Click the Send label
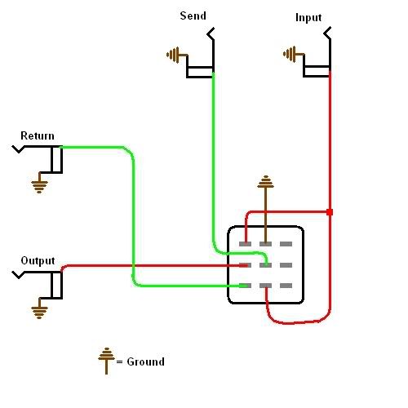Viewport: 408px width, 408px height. coord(193,16)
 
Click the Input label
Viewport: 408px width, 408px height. coord(308,18)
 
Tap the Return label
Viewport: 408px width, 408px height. coord(38,135)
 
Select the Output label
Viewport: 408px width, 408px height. coord(38,260)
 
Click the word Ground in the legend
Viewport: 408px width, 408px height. coord(145,361)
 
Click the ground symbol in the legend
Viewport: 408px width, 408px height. coord(106,361)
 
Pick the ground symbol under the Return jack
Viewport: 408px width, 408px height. coord(40,183)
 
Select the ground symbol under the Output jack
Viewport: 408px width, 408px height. coord(40,308)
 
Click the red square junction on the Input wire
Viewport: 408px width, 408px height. coord(330,212)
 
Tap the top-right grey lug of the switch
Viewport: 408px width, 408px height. coord(286,244)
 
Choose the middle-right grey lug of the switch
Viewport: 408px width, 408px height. coord(286,265)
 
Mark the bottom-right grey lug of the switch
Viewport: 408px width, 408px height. coord(286,286)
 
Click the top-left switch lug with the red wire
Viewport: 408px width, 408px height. coord(245,244)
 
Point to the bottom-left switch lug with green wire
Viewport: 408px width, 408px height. coord(245,286)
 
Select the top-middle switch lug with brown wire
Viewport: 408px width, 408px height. coord(265,244)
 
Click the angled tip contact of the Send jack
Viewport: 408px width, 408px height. coord(211,33)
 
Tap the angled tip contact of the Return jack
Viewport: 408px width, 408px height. coord(19,149)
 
